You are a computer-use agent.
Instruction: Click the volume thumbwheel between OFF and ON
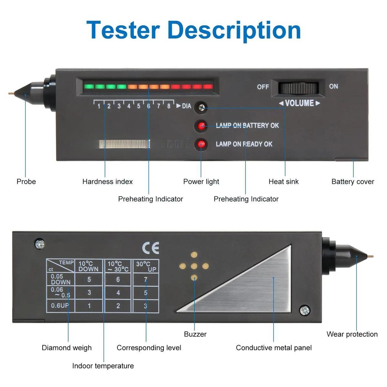click(x=298, y=87)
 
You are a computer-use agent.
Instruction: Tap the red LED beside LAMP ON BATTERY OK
click(x=202, y=126)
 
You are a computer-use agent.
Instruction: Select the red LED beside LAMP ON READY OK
click(x=201, y=144)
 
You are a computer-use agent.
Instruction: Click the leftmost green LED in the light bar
click(x=89, y=86)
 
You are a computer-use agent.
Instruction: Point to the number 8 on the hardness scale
click(x=168, y=106)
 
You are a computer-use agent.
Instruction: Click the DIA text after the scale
click(x=186, y=106)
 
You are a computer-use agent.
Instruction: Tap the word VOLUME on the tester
click(x=299, y=103)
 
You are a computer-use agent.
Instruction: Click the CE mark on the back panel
click(x=151, y=248)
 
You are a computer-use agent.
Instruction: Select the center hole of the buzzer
click(x=194, y=266)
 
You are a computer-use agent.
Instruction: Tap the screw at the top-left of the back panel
click(x=40, y=244)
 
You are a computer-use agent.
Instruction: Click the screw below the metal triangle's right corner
click(x=304, y=311)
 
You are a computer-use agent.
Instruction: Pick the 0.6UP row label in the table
click(x=60, y=305)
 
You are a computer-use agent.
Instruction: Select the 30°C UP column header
click(x=146, y=266)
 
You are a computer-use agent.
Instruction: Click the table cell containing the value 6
click(x=118, y=280)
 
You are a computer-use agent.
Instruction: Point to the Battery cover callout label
click(x=352, y=182)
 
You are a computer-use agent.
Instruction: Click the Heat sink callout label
click(x=283, y=182)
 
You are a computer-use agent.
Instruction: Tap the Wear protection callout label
click(x=352, y=334)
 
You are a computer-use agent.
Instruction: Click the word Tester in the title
click(x=123, y=30)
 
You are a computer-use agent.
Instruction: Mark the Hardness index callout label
click(x=107, y=182)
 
